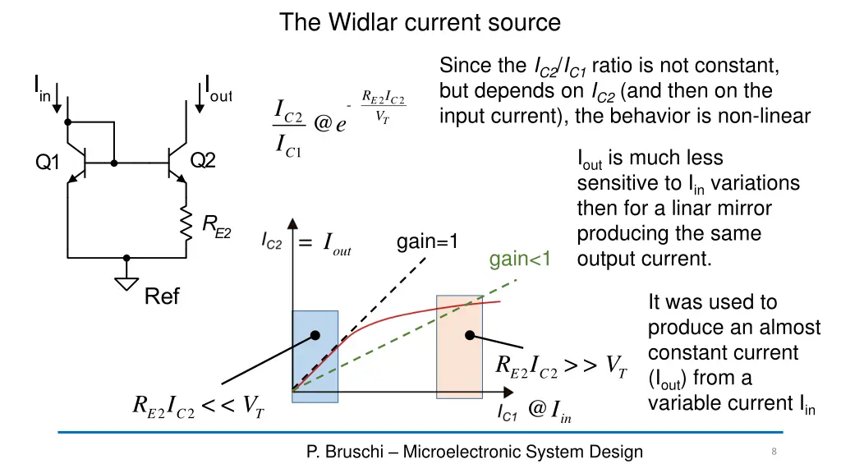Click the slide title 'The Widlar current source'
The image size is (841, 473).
point(420,22)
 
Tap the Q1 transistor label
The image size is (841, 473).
point(48,163)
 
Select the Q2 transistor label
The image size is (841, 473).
point(202,161)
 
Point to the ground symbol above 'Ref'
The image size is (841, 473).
point(126,282)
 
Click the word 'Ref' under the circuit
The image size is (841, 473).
point(162,296)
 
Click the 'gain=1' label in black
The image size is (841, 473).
point(427,242)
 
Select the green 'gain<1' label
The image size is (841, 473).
point(521,260)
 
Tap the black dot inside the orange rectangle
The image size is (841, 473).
point(470,335)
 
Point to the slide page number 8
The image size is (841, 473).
point(774,451)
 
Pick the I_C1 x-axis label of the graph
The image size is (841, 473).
point(508,416)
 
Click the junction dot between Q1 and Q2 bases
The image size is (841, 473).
point(114,163)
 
